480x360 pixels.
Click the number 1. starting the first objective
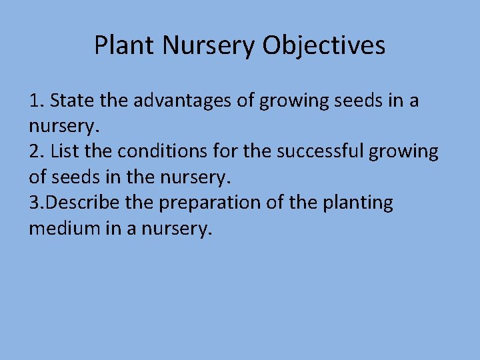[36, 101]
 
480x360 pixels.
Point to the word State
[71, 101]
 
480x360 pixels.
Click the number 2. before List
[37, 151]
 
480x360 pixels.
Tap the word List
[65, 151]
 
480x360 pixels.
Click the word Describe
[87, 202]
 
